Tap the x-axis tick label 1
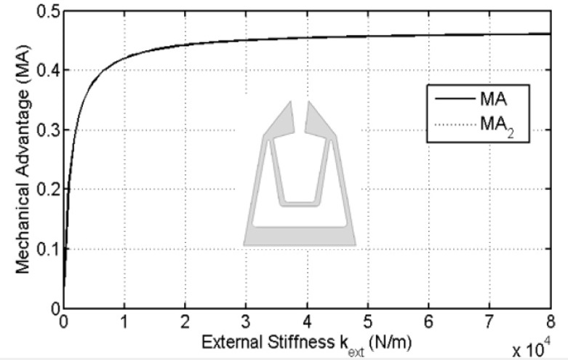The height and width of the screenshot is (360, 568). [x=124, y=321]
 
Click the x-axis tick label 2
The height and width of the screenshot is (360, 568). [x=185, y=321]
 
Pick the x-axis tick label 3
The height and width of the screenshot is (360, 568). [x=246, y=321]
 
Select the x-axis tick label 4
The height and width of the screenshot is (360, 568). [x=307, y=321]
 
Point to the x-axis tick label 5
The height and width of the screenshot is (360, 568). [x=368, y=321]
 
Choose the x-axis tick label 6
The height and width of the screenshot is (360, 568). [x=428, y=321]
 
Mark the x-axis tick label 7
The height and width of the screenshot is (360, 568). [x=489, y=321]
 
